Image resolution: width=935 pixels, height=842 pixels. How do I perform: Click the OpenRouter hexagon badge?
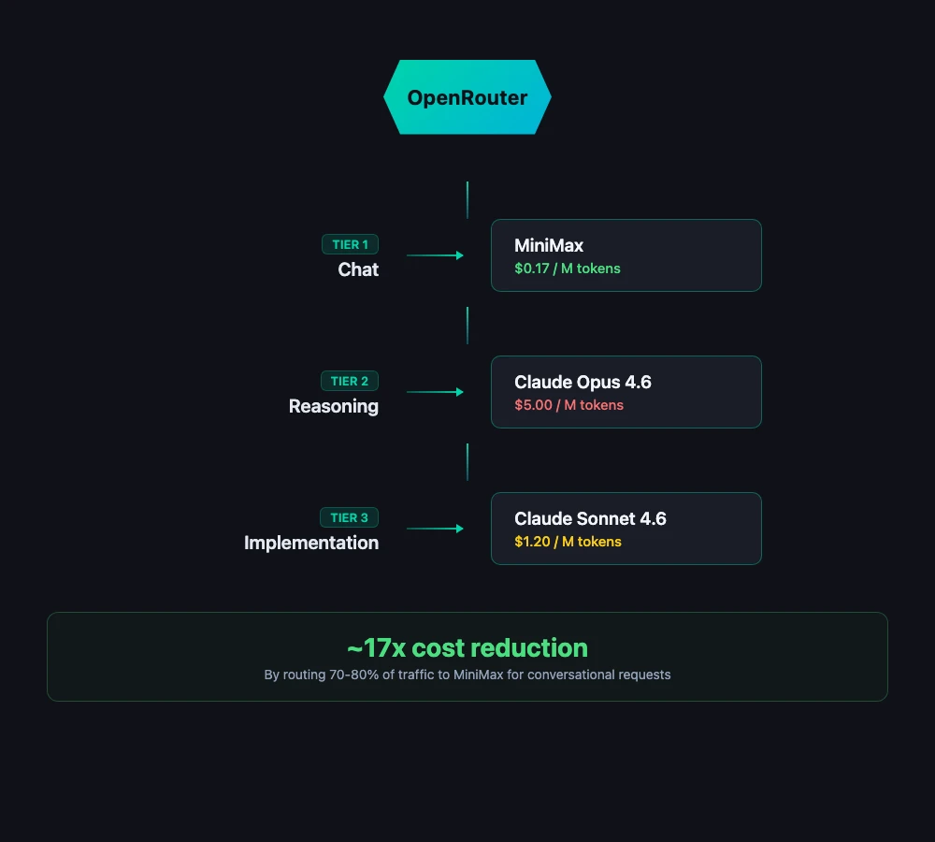coord(467,97)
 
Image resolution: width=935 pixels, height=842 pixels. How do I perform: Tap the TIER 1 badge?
coord(351,244)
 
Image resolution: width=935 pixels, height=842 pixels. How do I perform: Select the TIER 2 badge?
coord(351,381)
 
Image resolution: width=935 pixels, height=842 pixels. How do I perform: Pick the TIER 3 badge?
coord(351,517)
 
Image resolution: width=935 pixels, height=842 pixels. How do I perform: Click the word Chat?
coord(358,269)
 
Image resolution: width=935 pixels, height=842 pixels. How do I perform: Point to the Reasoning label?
coord(334,406)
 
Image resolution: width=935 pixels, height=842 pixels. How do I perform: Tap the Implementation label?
coord(311,543)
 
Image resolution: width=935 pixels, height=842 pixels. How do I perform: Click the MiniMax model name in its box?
coord(549,245)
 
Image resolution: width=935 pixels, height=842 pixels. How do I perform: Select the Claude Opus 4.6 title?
coord(583,382)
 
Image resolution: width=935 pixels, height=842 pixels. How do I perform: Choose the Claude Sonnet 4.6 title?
coord(590,518)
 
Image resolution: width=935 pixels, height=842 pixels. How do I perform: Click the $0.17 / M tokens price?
coord(568,269)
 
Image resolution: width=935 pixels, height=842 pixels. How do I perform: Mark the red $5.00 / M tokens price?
coord(568,405)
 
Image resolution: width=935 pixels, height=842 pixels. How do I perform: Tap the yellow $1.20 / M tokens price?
coord(568,542)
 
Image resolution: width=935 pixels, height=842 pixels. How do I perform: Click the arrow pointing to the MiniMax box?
coord(436,255)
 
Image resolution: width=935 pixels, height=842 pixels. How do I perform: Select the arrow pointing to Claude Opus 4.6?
coord(436,392)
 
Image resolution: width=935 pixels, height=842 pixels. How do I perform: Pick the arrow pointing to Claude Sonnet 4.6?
coord(436,529)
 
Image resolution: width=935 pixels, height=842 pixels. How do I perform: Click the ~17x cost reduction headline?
coord(467,647)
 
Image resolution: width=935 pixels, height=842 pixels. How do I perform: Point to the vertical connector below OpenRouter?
coord(467,200)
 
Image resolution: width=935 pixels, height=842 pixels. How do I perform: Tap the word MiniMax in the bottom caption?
coord(479,675)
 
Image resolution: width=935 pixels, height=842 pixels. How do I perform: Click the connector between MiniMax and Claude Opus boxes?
coord(467,325)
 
